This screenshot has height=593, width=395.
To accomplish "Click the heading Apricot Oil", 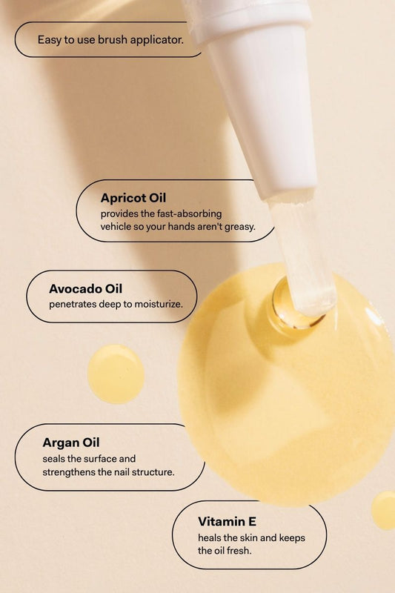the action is click(133, 198).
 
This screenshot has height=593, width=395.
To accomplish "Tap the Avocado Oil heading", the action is click(85, 289).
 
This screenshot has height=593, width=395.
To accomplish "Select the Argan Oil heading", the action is click(71, 443).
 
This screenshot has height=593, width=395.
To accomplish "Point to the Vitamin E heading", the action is click(228, 522).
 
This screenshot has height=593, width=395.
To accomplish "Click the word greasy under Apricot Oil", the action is click(239, 228).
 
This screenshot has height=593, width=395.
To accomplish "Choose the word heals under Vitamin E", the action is click(210, 538).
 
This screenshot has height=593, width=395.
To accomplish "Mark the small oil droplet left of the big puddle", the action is click(116, 374).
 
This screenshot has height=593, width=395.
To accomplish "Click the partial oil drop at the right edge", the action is click(384, 510).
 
